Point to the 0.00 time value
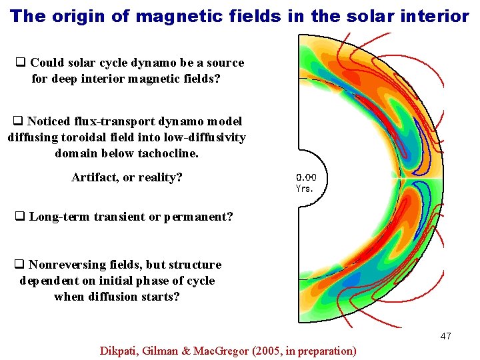point(306,177)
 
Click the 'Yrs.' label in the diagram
point(304,189)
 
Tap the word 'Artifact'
point(93,178)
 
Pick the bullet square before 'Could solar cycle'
point(20,63)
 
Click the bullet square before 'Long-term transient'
point(20,217)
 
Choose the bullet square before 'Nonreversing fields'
point(20,265)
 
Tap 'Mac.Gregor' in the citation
point(223,350)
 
